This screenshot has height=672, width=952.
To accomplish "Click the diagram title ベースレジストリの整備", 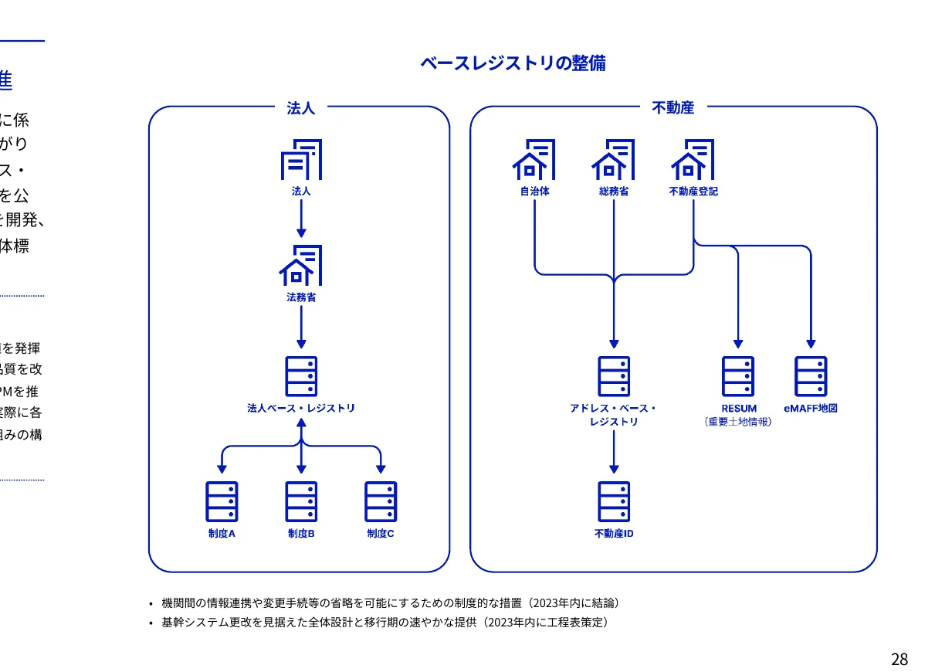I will point(513,63).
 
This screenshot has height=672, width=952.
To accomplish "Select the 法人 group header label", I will point(300,108).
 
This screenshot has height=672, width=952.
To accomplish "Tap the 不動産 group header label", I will point(672,108).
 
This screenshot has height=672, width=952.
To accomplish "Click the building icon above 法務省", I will point(300,266).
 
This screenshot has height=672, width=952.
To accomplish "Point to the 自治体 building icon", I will point(534,160).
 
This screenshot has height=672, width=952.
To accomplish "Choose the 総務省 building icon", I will point(613,160).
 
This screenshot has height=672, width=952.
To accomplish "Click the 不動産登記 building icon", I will point(693,160).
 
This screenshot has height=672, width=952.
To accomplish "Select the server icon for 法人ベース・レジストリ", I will point(300,376).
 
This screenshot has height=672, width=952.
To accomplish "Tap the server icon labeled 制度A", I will point(222,501).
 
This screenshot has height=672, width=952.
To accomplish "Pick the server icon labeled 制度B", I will point(300,501).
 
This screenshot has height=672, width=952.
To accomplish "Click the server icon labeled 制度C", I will point(380,501).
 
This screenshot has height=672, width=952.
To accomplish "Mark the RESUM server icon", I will point(738,376).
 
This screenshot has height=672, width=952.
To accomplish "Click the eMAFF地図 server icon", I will point(811,376).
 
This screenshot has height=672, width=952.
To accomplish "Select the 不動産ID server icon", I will point(614,501).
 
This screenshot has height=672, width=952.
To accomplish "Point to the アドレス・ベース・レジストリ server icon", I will point(614,376).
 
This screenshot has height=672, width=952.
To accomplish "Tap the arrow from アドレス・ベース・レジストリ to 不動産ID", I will point(614,452).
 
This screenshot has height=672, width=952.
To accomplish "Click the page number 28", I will point(899,660).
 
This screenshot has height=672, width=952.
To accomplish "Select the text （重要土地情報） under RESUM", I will point(738,422).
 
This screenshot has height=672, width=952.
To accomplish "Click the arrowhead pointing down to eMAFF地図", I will point(811,344).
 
